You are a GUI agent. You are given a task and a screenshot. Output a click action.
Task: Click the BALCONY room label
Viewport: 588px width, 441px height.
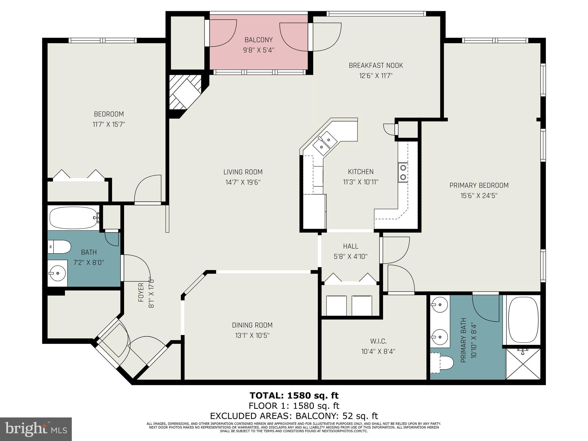point(258,40)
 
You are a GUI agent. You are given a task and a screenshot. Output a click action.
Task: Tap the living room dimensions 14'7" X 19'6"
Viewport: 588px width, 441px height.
point(243,182)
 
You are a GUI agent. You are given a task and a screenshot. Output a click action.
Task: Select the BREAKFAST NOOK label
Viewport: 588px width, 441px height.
point(376,65)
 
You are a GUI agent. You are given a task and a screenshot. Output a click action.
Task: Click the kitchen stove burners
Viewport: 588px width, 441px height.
point(403,172)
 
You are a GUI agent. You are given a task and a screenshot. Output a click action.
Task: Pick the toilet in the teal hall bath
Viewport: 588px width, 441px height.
point(59,247)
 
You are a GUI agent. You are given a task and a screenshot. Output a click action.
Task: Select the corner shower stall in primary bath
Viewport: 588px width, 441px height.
point(523,364)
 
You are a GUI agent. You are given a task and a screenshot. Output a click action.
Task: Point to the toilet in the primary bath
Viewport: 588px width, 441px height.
point(442,363)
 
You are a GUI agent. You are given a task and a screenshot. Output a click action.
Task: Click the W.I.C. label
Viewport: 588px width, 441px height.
point(378,341)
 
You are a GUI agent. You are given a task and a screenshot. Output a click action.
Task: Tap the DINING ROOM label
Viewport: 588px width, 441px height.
point(252,325)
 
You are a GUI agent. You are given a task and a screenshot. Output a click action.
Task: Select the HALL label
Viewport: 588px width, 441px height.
point(351,246)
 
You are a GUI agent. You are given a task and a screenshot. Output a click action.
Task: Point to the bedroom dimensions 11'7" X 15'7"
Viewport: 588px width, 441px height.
point(109,124)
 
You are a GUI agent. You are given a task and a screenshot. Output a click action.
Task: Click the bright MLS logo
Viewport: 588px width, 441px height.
point(36,429)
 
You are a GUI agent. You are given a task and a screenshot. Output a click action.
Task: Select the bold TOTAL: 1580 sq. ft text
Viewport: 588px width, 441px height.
point(294,395)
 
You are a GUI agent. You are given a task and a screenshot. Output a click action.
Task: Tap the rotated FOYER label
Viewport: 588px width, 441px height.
point(141,293)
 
